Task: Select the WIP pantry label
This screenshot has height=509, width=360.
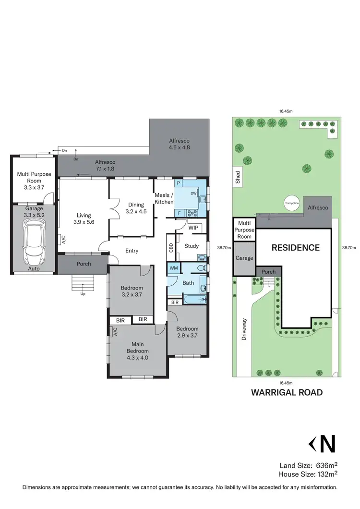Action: pyautogui.click(x=193, y=228)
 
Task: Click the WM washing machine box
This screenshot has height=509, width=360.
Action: pyautogui.click(x=173, y=268)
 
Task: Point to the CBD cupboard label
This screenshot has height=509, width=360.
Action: pyautogui.click(x=171, y=247)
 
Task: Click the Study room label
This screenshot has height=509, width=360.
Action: pyautogui.click(x=192, y=246)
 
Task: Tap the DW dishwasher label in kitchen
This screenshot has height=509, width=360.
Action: pyautogui.click(x=194, y=194)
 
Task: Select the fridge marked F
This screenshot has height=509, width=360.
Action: pyautogui.click(x=179, y=213)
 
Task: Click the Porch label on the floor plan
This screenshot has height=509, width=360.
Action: pyautogui.click(x=84, y=264)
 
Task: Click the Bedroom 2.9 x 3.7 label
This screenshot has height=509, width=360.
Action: pyautogui.click(x=187, y=332)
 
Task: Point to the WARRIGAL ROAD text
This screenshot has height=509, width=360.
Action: pyautogui.click(x=287, y=392)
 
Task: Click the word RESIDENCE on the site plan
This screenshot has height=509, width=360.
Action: pyautogui.click(x=295, y=248)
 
